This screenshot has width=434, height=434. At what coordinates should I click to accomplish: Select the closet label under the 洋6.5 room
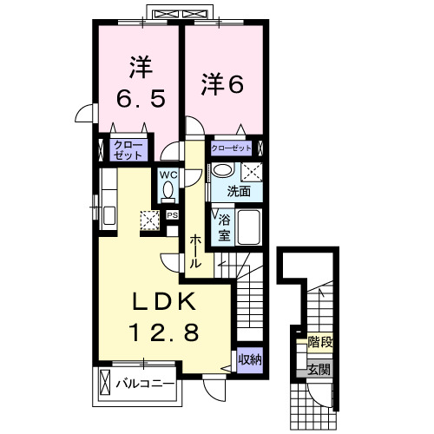point(126,148)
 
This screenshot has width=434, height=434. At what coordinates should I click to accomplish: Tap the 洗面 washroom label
point(240,191)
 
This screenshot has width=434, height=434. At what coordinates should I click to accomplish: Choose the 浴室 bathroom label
point(223,227)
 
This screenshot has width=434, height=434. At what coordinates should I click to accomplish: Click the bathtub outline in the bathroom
point(249,227)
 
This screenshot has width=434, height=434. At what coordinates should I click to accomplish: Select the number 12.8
point(166,331)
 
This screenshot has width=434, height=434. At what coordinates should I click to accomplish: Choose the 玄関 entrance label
point(319,371)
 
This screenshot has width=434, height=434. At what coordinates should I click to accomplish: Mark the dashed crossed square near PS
point(150,220)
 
